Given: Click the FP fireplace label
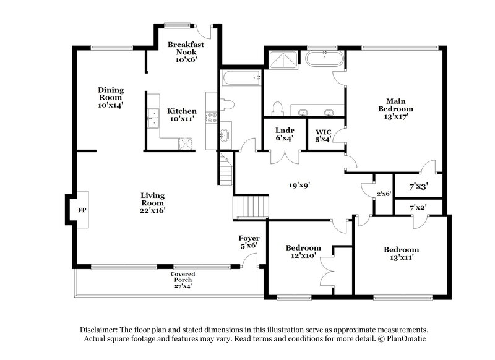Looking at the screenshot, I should point(81,210).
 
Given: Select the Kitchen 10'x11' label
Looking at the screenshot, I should point(182,114).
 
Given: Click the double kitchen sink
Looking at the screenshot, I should point(153,118).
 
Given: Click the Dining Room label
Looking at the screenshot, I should point(111,97).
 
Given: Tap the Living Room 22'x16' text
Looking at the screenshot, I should point(152,203).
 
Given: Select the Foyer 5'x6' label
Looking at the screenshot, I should point(249,241).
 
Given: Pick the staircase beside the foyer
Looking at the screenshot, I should point(252,205).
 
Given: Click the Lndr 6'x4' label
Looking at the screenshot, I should point(285,135).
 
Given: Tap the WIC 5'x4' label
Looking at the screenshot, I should point(324,135).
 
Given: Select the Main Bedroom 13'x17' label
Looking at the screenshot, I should point(395,108).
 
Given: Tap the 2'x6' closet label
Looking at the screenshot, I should point(384,194).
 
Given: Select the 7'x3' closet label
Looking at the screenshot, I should point(418,186).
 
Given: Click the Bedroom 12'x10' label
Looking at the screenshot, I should point(303,251).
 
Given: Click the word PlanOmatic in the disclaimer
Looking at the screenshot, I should point(405,339).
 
